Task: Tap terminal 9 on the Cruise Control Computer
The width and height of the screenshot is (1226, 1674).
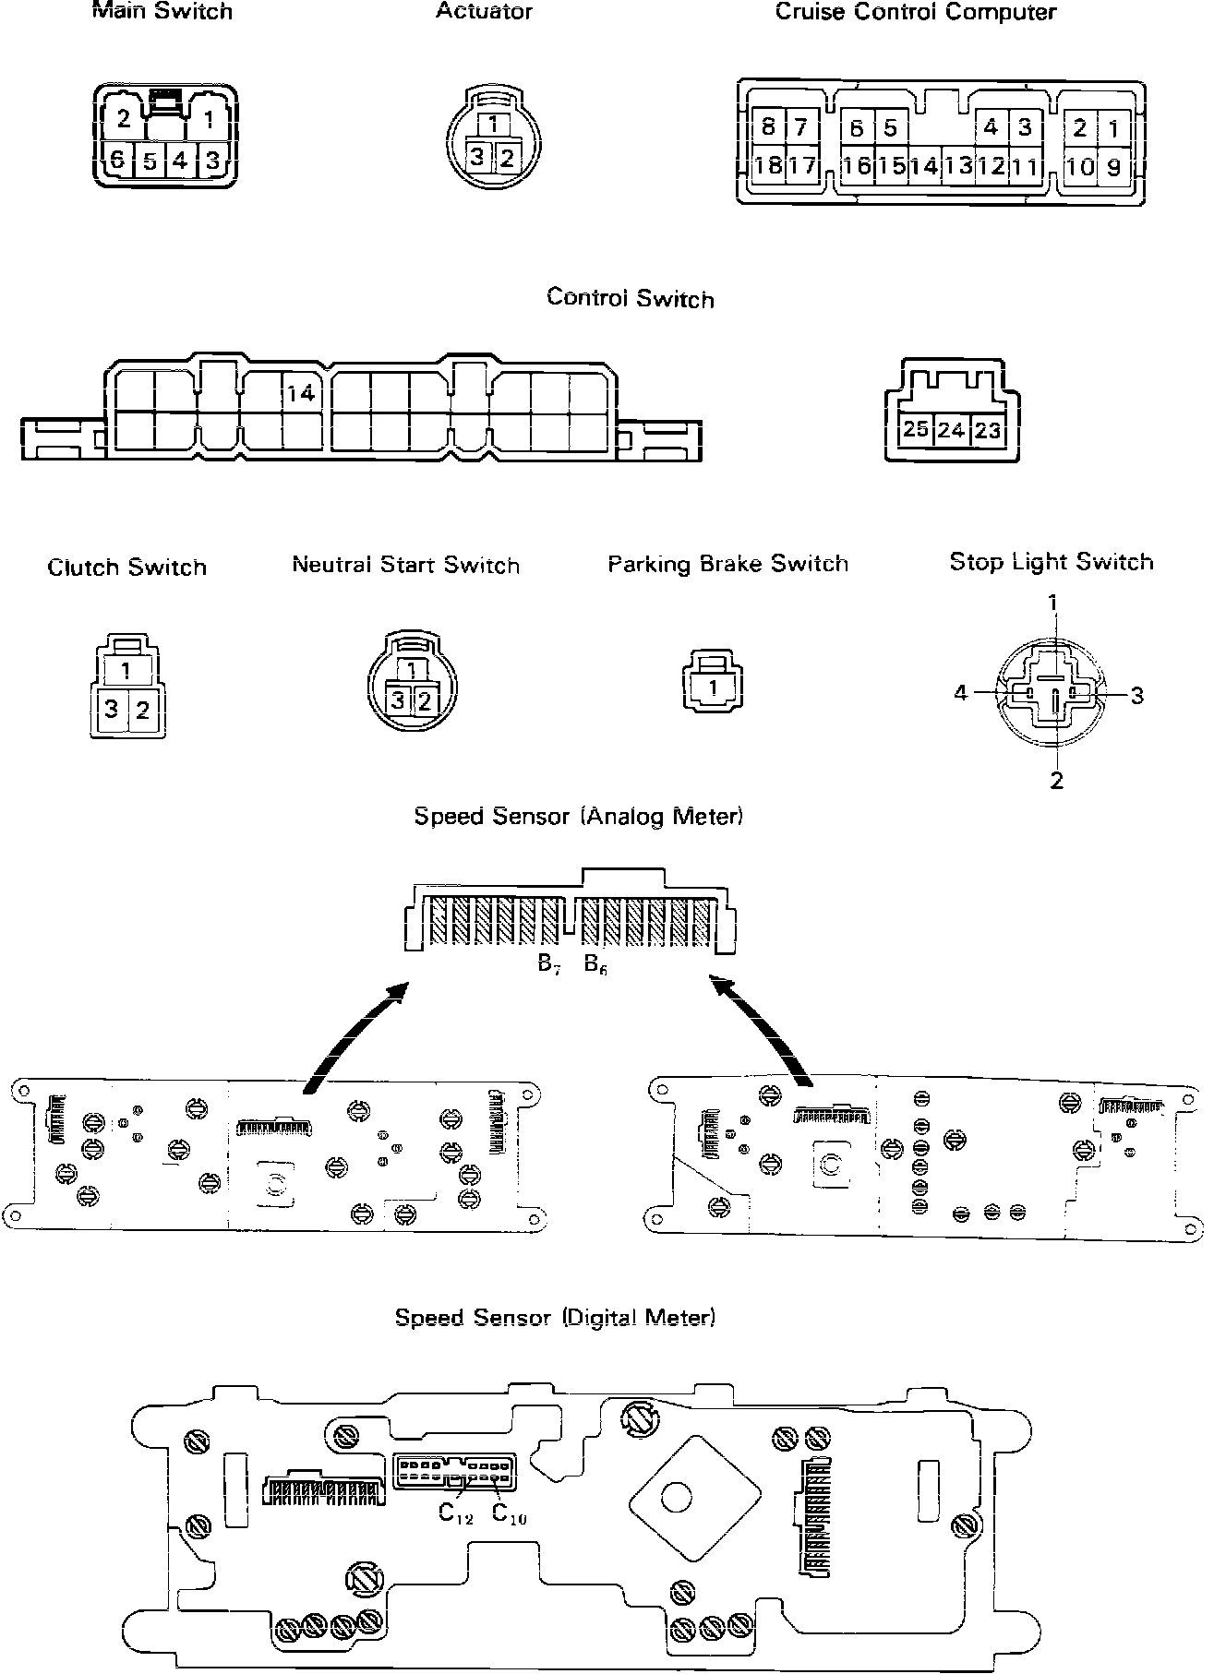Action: point(1114,167)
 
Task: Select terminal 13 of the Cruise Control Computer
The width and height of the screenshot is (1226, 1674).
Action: point(960,166)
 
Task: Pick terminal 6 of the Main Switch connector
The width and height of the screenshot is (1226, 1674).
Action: point(117,161)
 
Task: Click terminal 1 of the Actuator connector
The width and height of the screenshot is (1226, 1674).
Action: point(494,124)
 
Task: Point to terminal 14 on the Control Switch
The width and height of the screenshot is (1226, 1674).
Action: point(300,394)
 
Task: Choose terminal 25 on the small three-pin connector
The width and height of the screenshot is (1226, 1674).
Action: point(916,430)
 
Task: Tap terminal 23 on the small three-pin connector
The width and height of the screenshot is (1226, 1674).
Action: point(987,430)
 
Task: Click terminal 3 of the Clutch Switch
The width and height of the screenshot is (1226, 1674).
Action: point(111,710)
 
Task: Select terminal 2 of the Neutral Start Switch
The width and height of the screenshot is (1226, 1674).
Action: point(425,700)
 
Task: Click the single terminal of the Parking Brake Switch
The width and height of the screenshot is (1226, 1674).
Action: point(713,688)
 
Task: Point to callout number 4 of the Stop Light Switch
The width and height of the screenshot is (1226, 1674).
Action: point(961,692)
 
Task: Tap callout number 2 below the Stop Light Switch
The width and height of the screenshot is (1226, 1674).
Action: point(1057,781)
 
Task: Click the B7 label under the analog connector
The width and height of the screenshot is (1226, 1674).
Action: point(550,965)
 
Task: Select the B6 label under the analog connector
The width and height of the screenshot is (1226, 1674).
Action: point(596,965)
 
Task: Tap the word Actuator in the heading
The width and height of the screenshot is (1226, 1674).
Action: point(484,12)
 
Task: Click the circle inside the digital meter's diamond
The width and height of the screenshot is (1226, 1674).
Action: point(676,1497)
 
